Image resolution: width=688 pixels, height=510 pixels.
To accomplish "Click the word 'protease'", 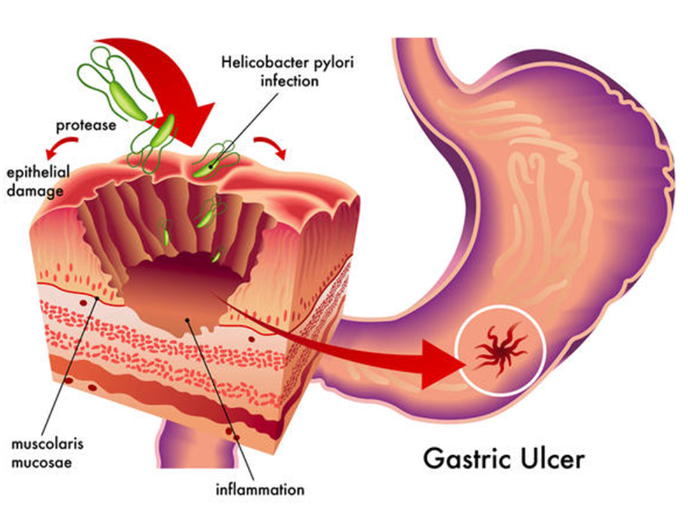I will pyautogui.click(x=86, y=125).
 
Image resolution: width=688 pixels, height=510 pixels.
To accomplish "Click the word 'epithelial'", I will pyautogui.click(x=38, y=172).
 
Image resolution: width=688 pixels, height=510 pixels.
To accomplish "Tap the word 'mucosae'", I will pyautogui.click(x=42, y=462).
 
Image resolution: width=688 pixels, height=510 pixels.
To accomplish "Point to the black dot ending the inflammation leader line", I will pyautogui.click(x=187, y=320).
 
